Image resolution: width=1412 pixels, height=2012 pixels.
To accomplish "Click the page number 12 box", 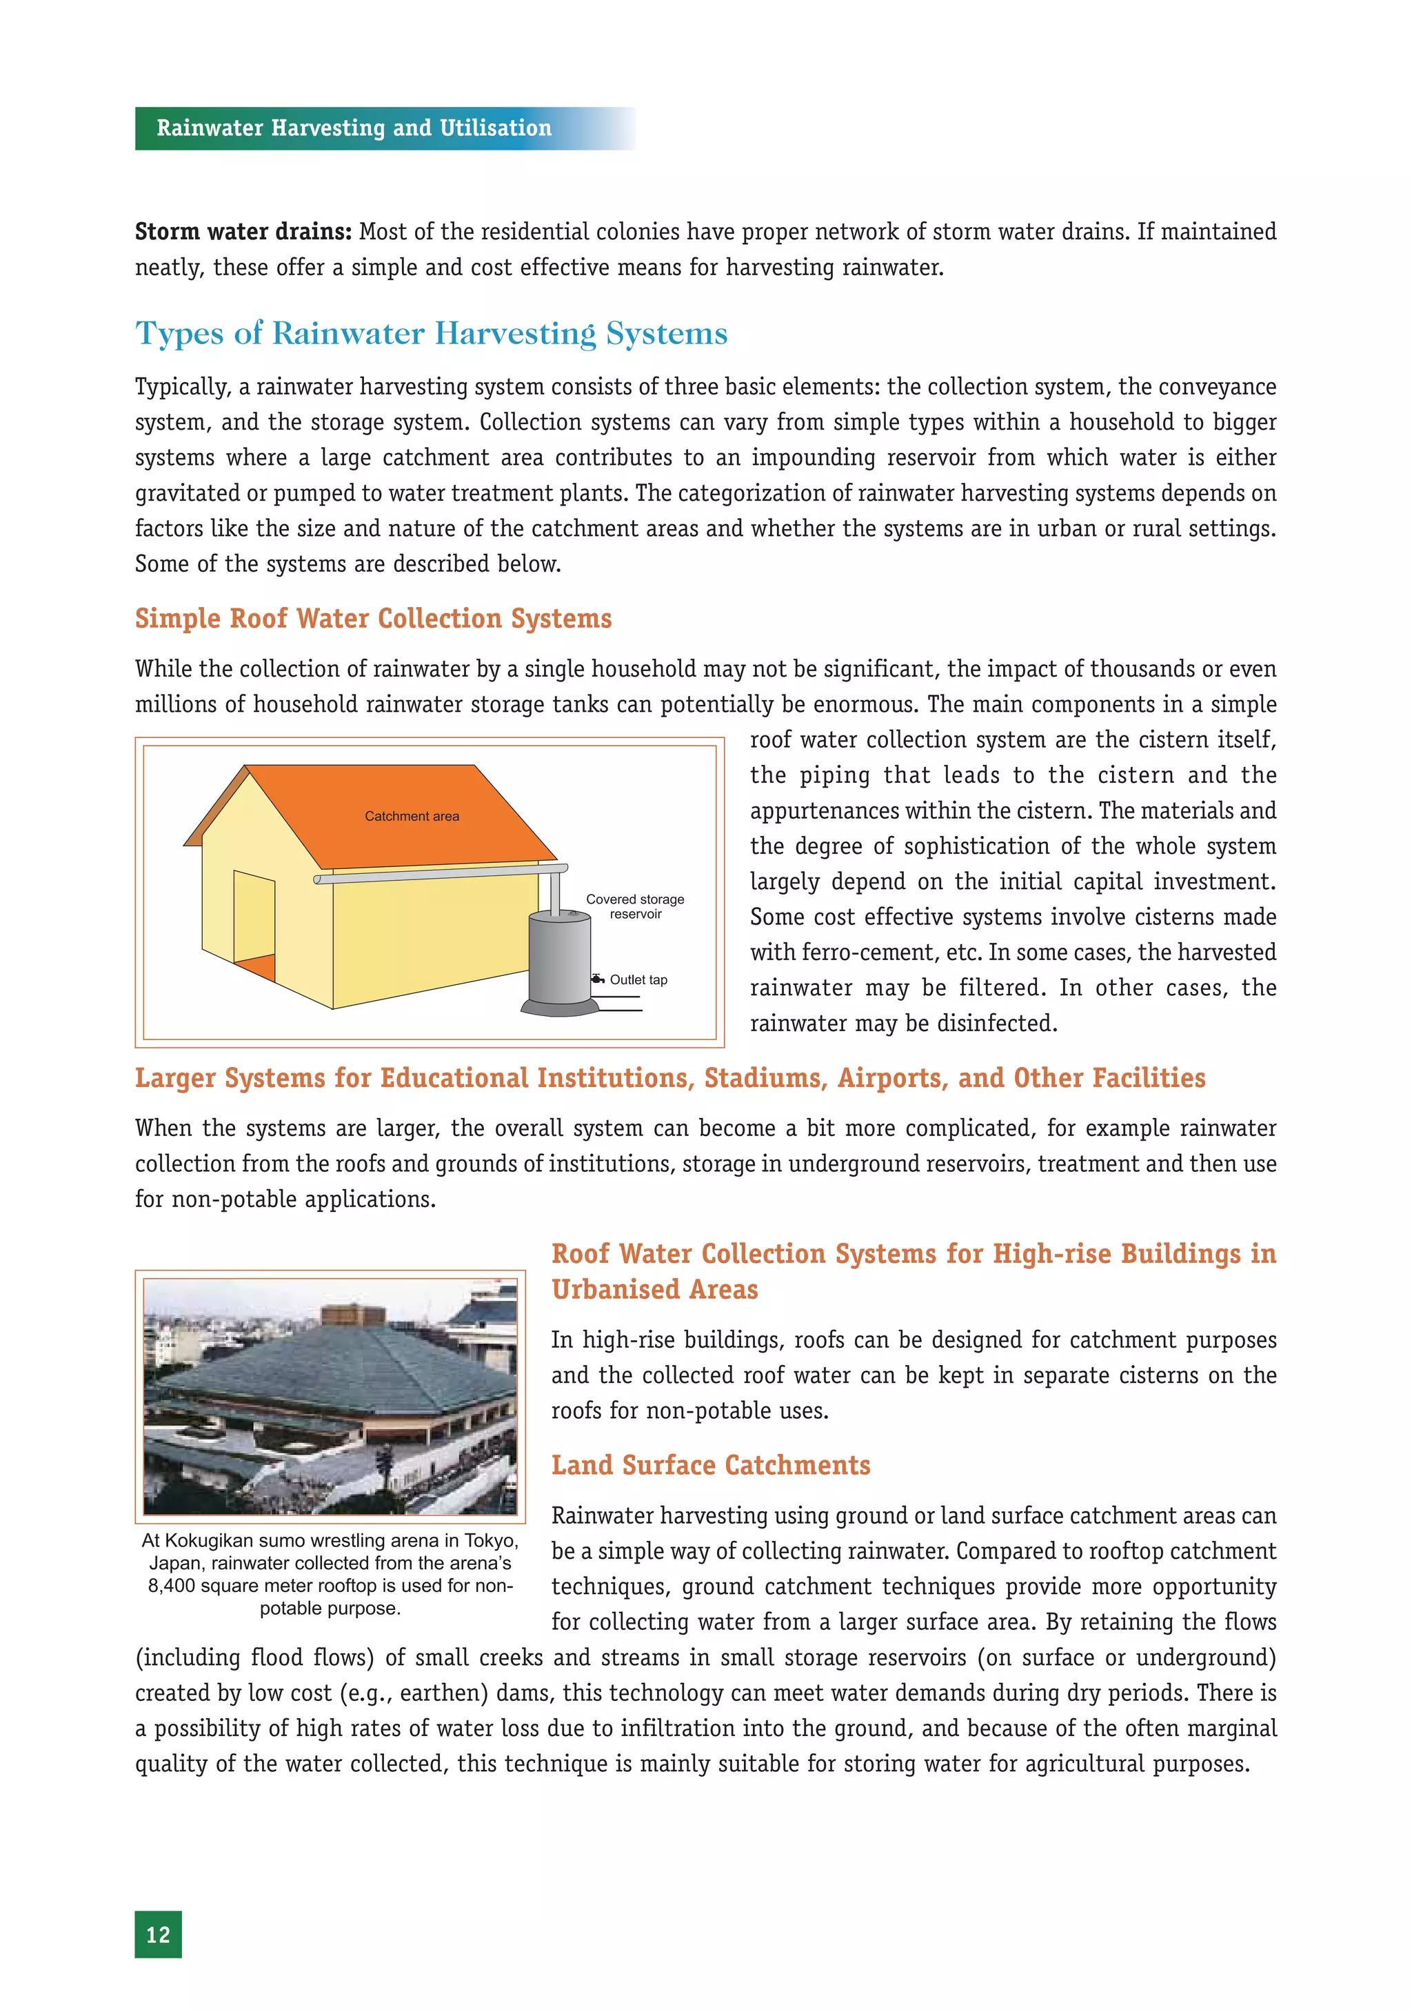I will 158,1934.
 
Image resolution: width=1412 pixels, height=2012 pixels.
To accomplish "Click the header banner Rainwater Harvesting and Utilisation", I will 354,128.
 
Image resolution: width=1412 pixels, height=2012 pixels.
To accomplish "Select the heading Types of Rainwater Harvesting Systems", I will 431,333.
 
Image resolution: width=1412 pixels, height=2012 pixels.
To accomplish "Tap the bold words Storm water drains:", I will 243,231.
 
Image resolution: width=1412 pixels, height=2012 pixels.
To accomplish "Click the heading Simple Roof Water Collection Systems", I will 373,618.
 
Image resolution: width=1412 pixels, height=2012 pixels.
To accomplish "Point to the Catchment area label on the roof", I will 412,816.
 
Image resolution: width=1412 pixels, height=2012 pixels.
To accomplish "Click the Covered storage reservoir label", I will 635,906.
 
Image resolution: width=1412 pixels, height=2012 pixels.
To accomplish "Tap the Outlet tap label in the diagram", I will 638,979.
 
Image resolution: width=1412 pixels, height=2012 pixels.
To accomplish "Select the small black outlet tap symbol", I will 597,979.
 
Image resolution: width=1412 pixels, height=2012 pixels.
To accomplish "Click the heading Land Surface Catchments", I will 710,1465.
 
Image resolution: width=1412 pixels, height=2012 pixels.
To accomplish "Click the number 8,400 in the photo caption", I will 172,1585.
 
